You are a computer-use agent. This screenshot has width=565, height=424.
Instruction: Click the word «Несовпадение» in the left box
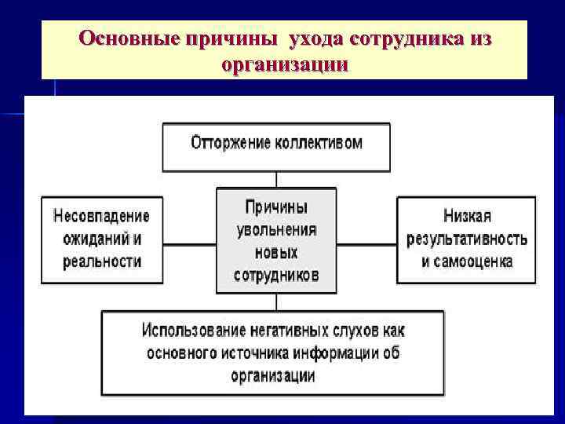102,214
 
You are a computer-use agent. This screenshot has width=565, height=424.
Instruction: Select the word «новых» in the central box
276,253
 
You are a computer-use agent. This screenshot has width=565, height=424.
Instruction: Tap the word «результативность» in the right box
467,238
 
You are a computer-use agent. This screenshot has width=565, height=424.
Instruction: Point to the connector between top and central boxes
276,179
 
